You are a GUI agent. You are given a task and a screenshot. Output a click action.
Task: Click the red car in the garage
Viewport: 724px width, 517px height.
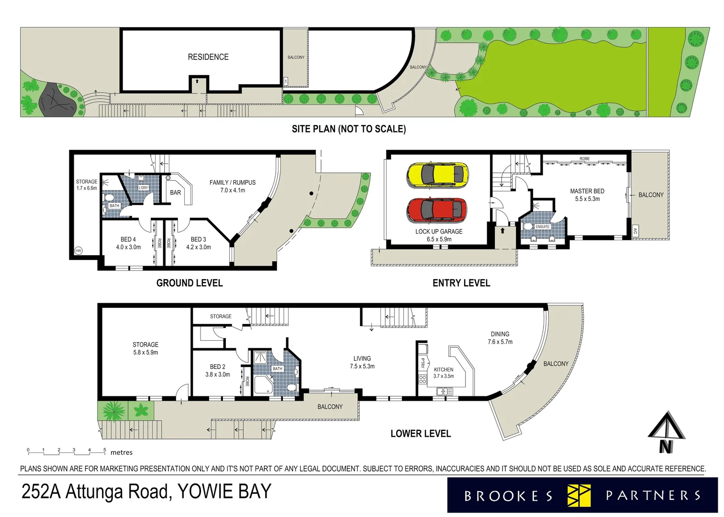436,211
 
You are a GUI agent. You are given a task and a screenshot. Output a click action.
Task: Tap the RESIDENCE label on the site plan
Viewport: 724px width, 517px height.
208,57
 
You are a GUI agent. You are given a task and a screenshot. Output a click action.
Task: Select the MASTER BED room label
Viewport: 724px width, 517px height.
587,191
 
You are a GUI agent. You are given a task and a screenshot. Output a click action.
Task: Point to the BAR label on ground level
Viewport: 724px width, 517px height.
176,192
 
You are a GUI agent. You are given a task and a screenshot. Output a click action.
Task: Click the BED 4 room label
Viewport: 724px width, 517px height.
128,239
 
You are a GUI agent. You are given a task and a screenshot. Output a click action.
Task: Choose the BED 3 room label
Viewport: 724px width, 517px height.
198,239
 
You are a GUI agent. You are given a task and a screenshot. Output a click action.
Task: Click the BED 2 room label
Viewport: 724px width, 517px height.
217,367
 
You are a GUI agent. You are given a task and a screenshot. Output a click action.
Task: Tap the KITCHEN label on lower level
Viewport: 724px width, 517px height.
444,370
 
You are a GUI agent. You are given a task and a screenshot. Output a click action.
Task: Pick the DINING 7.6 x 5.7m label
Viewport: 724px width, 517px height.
500,338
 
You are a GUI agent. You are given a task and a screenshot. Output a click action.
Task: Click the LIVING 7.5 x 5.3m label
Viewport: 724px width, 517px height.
362,362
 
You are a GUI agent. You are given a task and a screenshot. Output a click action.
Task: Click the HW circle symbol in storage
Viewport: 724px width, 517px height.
78,251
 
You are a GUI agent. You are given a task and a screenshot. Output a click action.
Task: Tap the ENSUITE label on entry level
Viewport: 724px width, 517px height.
543,227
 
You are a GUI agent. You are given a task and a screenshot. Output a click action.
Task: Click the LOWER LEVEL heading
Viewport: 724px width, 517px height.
421,434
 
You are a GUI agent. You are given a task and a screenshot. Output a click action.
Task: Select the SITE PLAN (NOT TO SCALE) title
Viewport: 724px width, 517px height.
349,129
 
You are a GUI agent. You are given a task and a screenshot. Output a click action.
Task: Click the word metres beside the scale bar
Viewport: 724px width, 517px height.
122,452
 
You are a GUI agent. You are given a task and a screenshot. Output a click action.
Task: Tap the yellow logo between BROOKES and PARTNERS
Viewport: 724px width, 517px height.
579,495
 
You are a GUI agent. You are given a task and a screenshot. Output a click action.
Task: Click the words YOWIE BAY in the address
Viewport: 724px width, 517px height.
224,492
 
